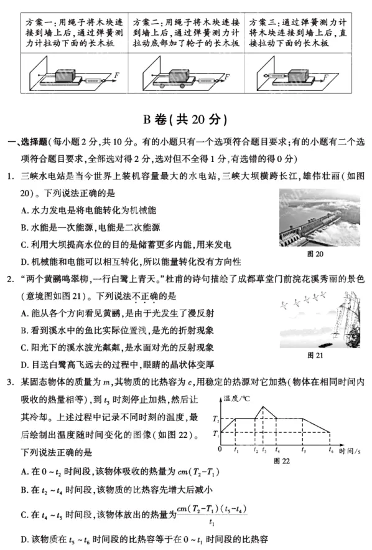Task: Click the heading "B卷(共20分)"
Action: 185,119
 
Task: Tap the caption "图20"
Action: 315,254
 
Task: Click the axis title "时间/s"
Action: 352,450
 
